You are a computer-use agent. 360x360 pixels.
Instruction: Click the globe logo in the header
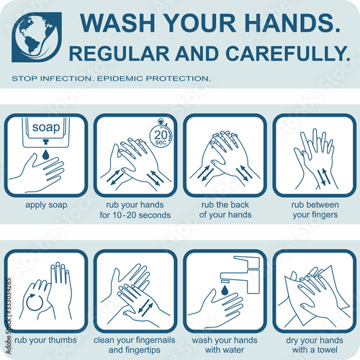(x=37, y=37)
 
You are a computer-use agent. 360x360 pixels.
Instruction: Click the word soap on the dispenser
(x=46, y=127)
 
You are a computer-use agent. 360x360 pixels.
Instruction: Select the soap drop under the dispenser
(x=45, y=154)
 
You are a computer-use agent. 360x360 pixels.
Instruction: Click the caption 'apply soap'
(x=46, y=205)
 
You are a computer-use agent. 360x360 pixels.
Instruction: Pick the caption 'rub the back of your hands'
(x=225, y=210)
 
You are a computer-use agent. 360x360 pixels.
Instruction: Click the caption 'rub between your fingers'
(x=315, y=210)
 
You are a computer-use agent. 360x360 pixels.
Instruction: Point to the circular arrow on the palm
(x=35, y=302)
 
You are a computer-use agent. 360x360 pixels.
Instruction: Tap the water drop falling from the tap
(x=225, y=290)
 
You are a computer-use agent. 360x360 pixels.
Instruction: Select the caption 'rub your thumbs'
(x=45, y=341)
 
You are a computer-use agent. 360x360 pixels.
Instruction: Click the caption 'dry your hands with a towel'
(x=315, y=345)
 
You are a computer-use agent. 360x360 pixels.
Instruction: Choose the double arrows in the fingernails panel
(x=145, y=309)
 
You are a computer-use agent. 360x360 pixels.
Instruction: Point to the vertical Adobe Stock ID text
(x=9, y=316)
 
